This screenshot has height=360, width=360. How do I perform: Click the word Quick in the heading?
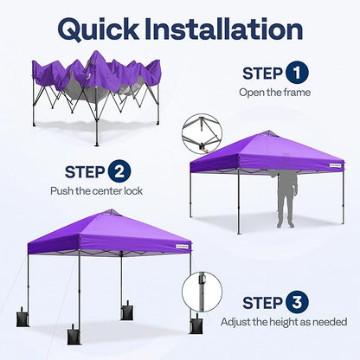point(98,29)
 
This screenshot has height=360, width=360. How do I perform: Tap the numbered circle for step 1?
point(297,73)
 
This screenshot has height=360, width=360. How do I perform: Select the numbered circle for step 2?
point(119,171)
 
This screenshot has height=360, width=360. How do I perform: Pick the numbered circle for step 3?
point(297,303)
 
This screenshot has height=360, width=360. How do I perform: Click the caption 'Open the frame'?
point(274,93)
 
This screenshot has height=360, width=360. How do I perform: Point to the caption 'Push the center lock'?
point(96,191)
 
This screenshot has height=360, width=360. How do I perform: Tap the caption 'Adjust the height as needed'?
point(284,322)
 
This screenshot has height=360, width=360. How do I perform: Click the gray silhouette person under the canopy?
point(287,200)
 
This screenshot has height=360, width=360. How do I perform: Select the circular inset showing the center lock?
point(202,133)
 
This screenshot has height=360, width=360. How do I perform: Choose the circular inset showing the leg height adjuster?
point(202,292)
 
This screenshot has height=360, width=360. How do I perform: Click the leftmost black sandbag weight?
point(22,317)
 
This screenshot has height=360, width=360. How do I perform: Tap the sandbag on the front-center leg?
point(74,335)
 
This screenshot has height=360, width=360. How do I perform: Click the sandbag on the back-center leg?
point(127,311)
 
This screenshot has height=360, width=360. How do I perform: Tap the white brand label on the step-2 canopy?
point(182,247)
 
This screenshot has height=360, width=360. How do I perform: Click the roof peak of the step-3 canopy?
point(269,132)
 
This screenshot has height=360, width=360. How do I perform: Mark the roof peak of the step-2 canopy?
point(112,211)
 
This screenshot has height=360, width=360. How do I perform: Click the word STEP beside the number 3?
point(262,303)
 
